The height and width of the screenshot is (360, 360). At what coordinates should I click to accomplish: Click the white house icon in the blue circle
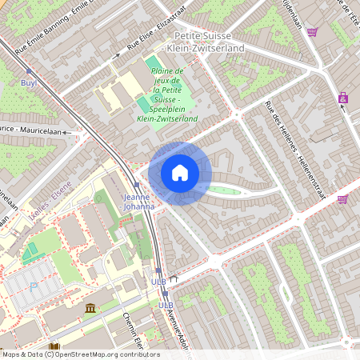click(x=180, y=173)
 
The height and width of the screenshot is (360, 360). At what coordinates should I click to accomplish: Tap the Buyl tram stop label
click(x=29, y=82)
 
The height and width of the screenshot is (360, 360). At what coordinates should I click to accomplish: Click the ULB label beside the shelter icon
click(x=159, y=282)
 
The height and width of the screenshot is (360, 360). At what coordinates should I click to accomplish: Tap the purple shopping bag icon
click(x=343, y=98)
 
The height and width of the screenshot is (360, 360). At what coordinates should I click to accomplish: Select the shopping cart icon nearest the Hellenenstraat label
click(x=342, y=199)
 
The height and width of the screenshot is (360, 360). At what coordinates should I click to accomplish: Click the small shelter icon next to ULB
click(x=172, y=279)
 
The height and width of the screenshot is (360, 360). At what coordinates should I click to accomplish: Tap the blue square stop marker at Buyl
click(x=29, y=70)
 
